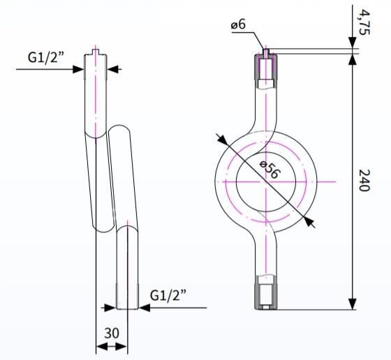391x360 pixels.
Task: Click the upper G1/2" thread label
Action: click(x=47, y=57)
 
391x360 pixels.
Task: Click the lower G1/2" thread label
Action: click(x=169, y=295)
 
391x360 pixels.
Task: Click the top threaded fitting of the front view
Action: click(x=265, y=67)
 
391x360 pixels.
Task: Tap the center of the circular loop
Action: click(x=265, y=181)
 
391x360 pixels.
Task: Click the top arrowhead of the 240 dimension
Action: click(x=351, y=55)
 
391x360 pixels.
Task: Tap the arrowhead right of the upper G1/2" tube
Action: click(x=113, y=69)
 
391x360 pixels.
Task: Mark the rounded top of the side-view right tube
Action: click(x=119, y=129)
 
